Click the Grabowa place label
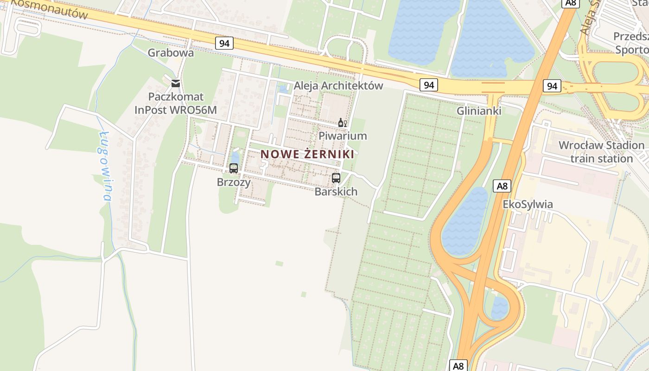click(x=171, y=53)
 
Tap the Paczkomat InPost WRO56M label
click(x=176, y=103)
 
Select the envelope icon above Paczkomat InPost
click(x=176, y=83)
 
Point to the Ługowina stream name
click(x=105, y=166)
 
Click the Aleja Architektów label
click(x=338, y=86)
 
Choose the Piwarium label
click(x=343, y=136)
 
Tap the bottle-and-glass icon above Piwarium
click(x=343, y=123)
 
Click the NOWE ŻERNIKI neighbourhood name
click(x=307, y=154)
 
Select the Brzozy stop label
click(x=234, y=182)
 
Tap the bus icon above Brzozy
click(x=234, y=168)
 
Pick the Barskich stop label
click(x=336, y=192)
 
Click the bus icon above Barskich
click(x=336, y=178)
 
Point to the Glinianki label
click(x=478, y=111)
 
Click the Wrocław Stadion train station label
click(x=601, y=152)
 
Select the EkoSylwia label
click(x=528, y=205)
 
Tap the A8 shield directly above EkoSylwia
click(x=503, y=186)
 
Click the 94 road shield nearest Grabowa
click(x=224, y=44)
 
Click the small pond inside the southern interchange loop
click(x=499, y=308)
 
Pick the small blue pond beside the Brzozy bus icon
click(x=235, y=156)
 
